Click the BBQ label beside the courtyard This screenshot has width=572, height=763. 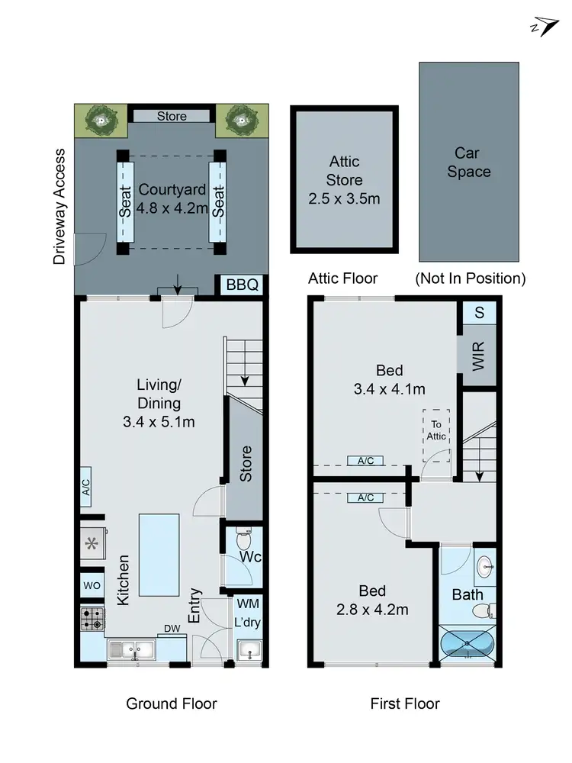(243, 285)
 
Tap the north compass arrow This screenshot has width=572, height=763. (542, 26)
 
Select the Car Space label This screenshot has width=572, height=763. (468, 163)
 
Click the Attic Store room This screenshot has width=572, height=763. (344, 181)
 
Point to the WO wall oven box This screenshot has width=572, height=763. (92, 585)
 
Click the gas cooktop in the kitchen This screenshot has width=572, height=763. (92, 618)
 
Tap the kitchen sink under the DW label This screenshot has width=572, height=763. (131, 650)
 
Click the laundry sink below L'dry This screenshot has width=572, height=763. (248, 651)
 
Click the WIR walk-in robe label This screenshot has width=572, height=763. (478, 356)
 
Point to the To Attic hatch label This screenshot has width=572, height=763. (436, 430)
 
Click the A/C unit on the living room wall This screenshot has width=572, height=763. (86, 488)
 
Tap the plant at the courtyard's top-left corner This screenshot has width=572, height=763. (100, 118)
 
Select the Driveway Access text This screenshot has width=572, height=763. (60, 207)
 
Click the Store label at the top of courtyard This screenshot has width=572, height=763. (172, 116)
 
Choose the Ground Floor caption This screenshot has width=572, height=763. (172, 703)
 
